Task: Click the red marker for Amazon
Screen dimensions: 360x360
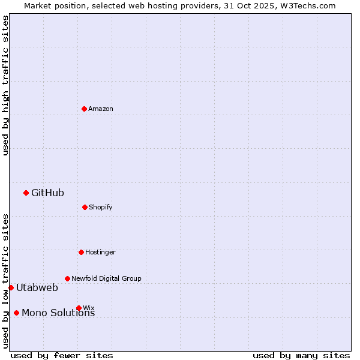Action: point(84,109)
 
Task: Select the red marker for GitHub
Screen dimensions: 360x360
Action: point(26,193)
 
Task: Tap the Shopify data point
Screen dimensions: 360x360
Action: point(85,207)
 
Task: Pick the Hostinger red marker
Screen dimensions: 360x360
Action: point(81,252)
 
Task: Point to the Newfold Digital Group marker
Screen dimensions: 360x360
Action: point(67,278)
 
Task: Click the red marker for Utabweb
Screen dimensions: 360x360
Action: point(11,287)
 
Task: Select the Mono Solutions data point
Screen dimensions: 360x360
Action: point(16,313)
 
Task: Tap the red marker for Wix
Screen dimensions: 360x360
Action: point(79,308)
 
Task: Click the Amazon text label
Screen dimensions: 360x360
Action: point(101,109)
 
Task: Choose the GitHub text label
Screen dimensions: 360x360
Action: point(47,193)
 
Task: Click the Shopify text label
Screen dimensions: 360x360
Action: point(101,207)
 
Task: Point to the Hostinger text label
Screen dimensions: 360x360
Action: point(100,252)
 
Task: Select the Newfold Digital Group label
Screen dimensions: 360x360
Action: point(106,278)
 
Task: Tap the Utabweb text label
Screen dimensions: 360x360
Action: point(37,287)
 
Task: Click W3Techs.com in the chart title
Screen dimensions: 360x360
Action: point(310,5)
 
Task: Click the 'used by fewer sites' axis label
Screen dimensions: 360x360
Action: point(62,355)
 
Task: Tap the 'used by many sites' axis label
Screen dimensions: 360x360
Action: point(301,355)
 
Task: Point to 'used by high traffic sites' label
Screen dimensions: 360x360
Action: point(5,85)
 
